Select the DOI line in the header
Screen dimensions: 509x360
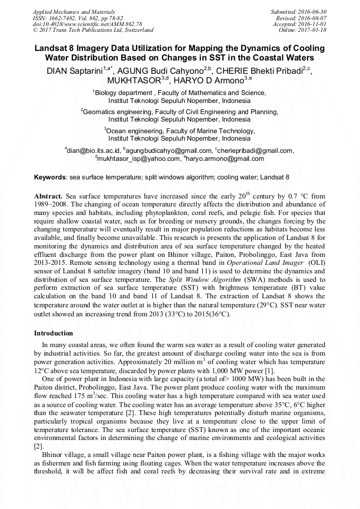pyautogui.click(x=87, y=24)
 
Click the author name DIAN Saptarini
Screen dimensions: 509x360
pyautogui.click(x=75, y=71)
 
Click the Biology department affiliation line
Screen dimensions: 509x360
pyautogui.click(x=179, y=92)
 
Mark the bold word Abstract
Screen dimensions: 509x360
pyautogui.click(x=48, y=196)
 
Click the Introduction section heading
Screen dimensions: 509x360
pyautogui.click(x=54, y=333)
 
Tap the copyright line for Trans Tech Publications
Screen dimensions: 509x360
pyautogui.click(x=93, y=31)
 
